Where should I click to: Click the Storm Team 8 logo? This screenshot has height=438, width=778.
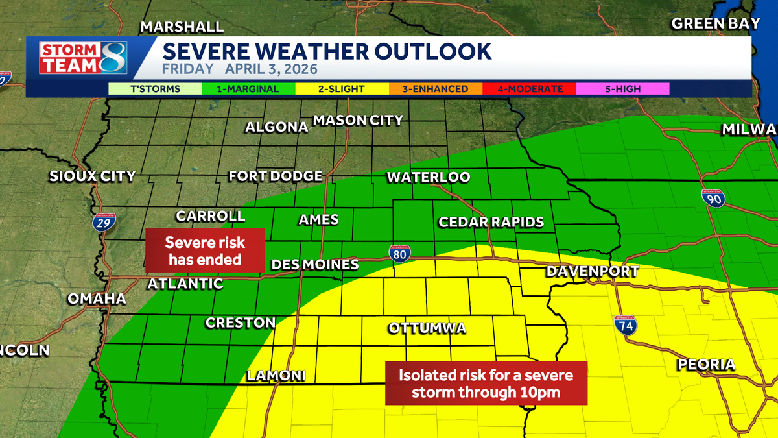[x=82, y=58]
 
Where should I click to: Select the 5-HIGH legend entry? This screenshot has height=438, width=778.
[x=622, y=89]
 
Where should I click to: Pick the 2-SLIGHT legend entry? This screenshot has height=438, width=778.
[x=342, y=89]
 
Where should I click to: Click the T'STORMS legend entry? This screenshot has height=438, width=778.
[x=156, y=89]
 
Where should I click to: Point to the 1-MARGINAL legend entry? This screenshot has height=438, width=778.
[x=249, y=89]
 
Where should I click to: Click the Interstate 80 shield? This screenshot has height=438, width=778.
[x=399, y=252]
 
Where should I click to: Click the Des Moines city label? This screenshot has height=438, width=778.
[x=314, y=265]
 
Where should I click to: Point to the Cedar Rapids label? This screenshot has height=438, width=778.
[x=491, y=222]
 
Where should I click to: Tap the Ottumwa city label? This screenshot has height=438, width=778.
[x=427, y=328]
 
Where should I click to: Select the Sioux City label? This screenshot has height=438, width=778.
[x=93, y=176]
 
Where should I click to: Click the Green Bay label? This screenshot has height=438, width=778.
[x=715, y=23]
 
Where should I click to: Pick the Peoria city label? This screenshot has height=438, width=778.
[x=706, y=365]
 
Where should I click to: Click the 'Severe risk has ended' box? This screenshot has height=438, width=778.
[x=205, y=250]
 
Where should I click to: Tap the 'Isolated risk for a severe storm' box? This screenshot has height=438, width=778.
[x=486, y=383]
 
